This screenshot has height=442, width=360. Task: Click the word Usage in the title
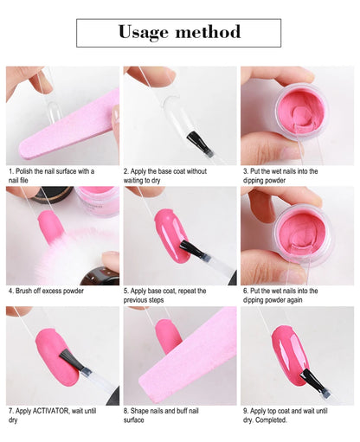pyautogui.click(x=147, y=33)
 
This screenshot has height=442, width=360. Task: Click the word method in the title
pyautogui.click(x=210, y=33)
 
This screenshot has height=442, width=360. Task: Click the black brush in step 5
pyautogui.click(x=193, y=252)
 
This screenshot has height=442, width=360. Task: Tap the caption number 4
pyautogui.click(x=10, y=291)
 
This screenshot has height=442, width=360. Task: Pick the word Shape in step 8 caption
pyautogui.click(x=142, y=411)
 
